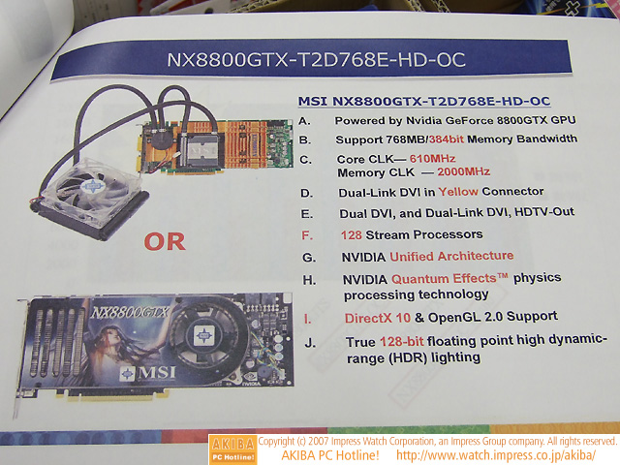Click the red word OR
point(165,241)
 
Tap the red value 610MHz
point(433,159)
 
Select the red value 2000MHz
point(463,171)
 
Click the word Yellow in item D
point(458,192)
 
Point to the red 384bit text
point(446,139)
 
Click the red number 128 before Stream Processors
point(351,235)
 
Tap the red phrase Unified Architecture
point(451,256)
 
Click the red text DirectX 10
point(378,318)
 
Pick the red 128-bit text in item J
point(402,341)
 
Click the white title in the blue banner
point(317,60)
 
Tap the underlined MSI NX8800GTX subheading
point(424,101)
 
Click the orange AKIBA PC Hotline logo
point(232,449)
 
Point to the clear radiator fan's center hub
point(93,186)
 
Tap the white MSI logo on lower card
point(148,373)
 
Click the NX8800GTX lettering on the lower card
point(130,313)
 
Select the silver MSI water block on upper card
point(201,151)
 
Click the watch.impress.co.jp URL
point(496,455)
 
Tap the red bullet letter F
point(307,235)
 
